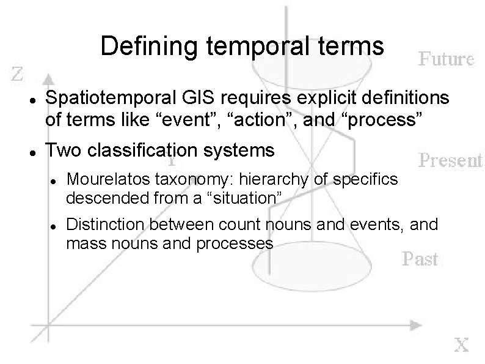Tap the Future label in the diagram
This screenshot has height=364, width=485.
pyautogui.click(x=446, y=59)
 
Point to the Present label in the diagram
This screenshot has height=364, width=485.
pyautogui.click(x=450, y=160)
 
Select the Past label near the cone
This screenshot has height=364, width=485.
pyautogui.click(x=420, y=259)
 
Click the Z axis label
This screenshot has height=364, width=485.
pyautogui.click(x=18, y=75)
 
